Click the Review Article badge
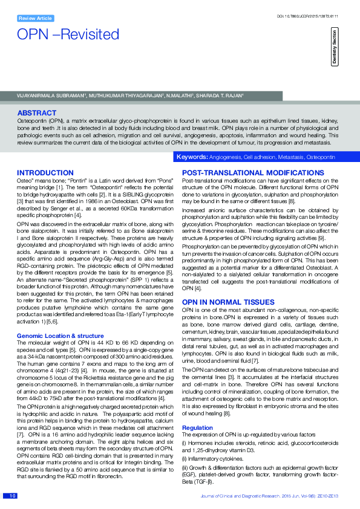coord(35,18)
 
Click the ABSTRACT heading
coord(37,113)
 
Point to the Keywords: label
coord(191,157)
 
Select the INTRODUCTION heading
coord(45,173)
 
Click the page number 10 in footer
coord(11,496)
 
